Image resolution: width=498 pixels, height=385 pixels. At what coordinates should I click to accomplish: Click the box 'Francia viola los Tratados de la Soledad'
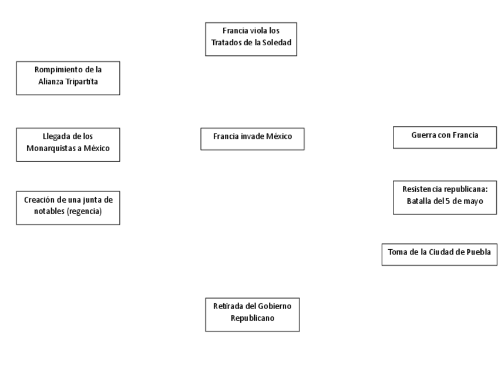click(x=251, y=39)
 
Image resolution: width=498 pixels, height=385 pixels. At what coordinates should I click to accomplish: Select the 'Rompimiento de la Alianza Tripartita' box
click(x=68, y=78)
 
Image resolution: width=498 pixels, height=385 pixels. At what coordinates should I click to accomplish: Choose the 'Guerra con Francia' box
click(x=445, y=137)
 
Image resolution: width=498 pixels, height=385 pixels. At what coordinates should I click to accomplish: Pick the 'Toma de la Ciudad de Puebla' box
click(x=439, y=254)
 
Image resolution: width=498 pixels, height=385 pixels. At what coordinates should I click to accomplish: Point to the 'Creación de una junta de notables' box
click(x=68, y=207)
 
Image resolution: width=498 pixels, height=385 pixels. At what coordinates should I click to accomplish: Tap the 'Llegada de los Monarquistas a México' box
click(x=68, y=144)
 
